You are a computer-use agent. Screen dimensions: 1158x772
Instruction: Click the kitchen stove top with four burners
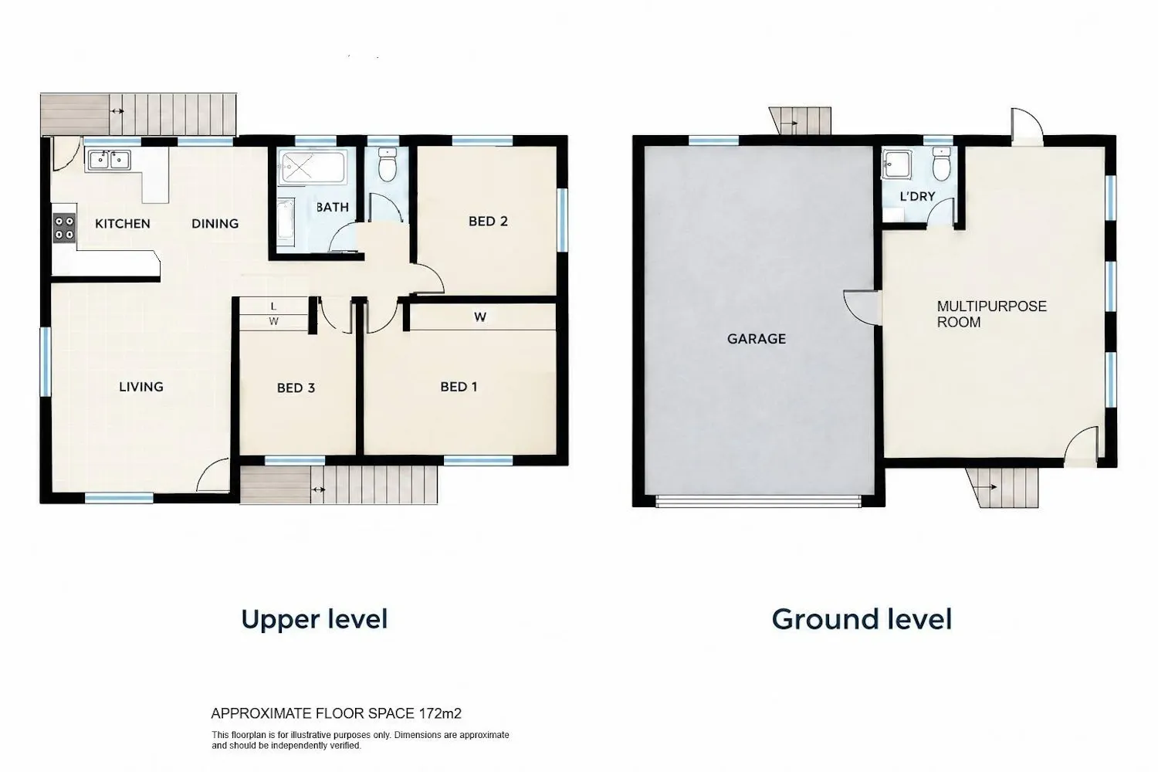click(x=65, y=228)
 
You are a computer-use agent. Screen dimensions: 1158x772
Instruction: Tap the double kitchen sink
click(x=109, y=160)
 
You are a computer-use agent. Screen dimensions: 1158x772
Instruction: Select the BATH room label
click(x=333, y=208)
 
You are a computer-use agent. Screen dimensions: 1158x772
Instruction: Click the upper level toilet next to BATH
click(x=387, y=164)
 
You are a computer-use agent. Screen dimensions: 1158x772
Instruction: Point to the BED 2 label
click(x=488, y=222)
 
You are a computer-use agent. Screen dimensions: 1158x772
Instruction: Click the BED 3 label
click(x=296, y=388)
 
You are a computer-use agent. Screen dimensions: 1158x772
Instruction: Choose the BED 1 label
click(x=459, y=387)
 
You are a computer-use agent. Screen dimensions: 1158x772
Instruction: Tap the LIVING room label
click(x=141, y=387)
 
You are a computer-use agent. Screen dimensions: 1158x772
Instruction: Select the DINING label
click(x=215, y=223)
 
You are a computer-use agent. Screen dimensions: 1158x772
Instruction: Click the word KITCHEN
click(x=123, y=223)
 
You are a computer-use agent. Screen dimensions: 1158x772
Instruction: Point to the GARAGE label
click(x=757, y=339)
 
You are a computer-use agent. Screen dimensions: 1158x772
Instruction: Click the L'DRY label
click(x=918, y=197)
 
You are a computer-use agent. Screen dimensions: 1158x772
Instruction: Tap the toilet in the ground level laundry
click(x=941, y=164)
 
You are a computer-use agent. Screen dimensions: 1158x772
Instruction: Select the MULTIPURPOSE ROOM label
click(x=991, y=314)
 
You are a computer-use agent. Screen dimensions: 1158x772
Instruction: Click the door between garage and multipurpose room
click(x=862, y=307)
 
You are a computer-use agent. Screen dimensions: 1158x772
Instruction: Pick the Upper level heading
click(x=314, y=619)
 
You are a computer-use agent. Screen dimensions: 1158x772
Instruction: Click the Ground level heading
click(x=862, y=619)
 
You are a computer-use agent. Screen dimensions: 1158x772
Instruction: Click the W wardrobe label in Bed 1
click(x=479, y=317)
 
